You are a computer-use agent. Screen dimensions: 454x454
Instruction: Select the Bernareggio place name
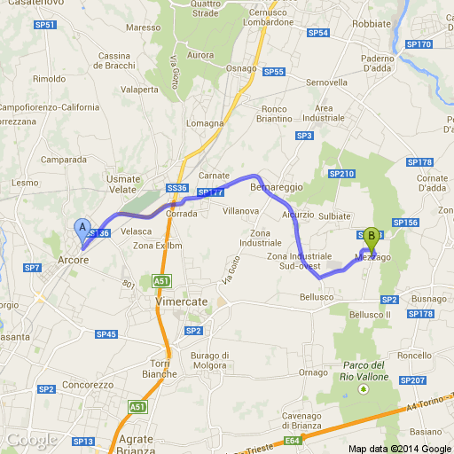pyautogui.click(x=277, y=188)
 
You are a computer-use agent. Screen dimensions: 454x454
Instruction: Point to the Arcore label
pyautogui.click(x=73, y=260)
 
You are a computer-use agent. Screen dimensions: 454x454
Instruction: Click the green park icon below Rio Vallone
pyautogui.click(x=362, y=388)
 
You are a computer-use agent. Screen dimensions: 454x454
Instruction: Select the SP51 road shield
pyautogui.click(x=45, y=25)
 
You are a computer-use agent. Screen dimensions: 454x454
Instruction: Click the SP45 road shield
pyautogui.click(x=106, y=333)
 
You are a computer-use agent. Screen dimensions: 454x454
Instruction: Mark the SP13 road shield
pyautogui.click(x=83, y=441)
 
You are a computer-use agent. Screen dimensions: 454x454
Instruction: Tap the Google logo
pyautogui.click(x=31, y=440)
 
